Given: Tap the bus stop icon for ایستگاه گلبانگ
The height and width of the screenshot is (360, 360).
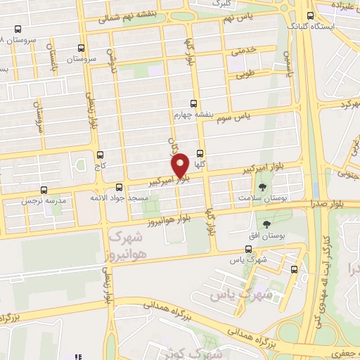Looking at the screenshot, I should click(311, 15).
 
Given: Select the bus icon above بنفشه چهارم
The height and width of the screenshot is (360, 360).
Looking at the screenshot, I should click(193, 103).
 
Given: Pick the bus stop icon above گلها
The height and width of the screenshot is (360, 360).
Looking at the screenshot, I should click(200, 153).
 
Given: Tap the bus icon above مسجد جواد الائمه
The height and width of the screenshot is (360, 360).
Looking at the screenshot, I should click(119, 188).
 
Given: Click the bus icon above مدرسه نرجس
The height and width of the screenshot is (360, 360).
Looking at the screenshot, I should click(44, 190).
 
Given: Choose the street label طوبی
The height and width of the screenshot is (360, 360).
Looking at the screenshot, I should click(243, 72).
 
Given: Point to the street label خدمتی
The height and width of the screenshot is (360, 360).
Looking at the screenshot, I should click(243, 52).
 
